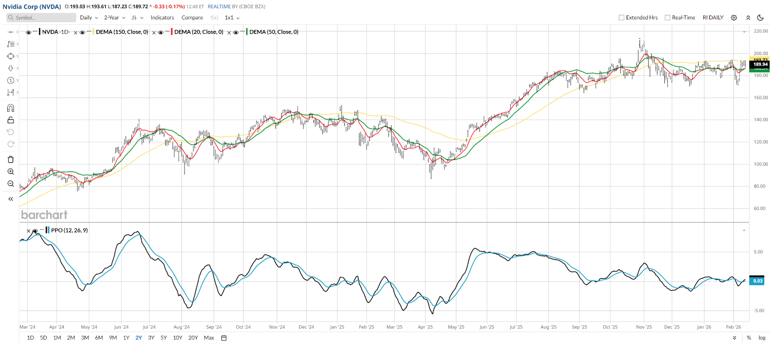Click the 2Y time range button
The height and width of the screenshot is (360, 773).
click(x=139, y=338)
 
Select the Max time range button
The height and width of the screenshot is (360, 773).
click(x=209, y=338)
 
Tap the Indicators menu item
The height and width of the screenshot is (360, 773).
click(x=162, y=17)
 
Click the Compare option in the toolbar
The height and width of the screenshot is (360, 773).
click(x=192, y=17)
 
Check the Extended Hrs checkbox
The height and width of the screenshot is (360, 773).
click(x=622, y=17)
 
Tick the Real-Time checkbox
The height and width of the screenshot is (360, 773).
click(x=668, y=17)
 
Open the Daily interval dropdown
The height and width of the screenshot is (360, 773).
click(x=89, y=17)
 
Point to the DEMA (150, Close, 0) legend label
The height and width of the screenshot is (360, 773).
click(x=122, y=32)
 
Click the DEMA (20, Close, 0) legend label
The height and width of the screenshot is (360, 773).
click(x=199, y=32)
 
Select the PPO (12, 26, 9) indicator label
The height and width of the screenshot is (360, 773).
click(x=70, y=230)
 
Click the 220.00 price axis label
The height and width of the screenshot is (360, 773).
click(x=760, y=31)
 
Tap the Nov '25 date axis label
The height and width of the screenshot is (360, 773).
click(x=644, y=327)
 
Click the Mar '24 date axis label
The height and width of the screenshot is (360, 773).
click(x=28, y=327)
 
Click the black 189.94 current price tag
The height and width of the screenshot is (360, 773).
click(x=760, y=64)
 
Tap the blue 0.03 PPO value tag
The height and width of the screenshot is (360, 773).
click(x=757, y=281)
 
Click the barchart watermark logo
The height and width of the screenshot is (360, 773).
click(x=44, y=215)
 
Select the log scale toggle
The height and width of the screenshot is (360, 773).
click(x=762, y=338)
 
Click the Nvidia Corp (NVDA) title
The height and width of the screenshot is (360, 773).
click(x=32, y=7)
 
